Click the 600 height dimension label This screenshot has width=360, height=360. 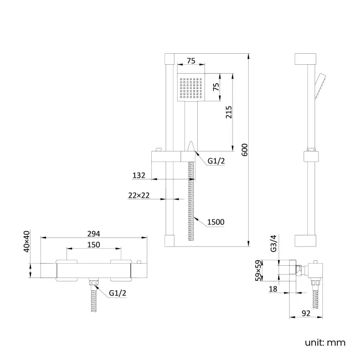245,150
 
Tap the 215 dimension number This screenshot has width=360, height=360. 229,112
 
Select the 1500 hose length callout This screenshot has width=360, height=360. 215,222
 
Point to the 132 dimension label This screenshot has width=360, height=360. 138,176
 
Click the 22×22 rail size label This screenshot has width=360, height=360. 138,196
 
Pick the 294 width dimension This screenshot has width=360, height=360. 94,234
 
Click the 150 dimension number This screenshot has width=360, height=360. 94,245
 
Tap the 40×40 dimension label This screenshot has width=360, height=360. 27,241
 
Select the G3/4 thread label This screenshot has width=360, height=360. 274,243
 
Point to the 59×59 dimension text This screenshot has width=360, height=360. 258,270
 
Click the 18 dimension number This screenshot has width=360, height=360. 273,289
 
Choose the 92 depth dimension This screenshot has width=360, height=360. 306,313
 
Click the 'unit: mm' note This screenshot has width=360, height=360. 325,342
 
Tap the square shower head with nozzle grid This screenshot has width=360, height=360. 191,87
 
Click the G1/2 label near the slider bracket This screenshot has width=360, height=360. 216,161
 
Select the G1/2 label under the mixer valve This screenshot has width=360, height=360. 117,293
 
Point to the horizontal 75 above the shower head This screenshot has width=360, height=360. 191,61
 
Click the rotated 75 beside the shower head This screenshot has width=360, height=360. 216,87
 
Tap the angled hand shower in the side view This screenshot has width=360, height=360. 321,86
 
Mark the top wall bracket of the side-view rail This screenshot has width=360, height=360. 305,59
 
